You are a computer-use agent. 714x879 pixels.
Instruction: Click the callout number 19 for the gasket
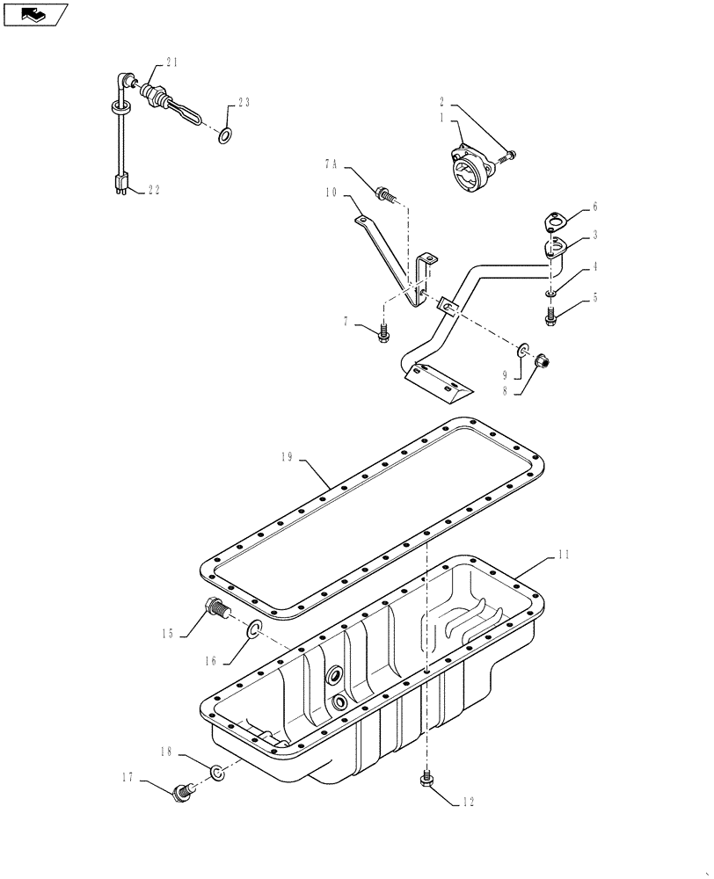tap(286, 457)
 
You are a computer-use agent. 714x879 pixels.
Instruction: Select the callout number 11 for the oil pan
tap(563, 556)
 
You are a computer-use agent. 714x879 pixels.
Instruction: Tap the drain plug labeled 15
tap(216, 608)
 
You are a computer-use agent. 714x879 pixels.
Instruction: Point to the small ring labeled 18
tap(216, 773)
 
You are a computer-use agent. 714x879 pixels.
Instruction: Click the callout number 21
tap(171, 62)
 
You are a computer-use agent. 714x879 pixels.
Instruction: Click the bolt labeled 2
tap(508, 156)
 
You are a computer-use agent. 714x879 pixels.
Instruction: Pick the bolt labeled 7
tap(383, 333)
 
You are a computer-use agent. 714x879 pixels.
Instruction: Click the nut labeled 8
tap(543, 360)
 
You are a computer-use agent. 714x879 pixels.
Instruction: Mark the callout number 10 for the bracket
tap(331, 192)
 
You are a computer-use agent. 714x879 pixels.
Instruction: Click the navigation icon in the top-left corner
tap(36, 14)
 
